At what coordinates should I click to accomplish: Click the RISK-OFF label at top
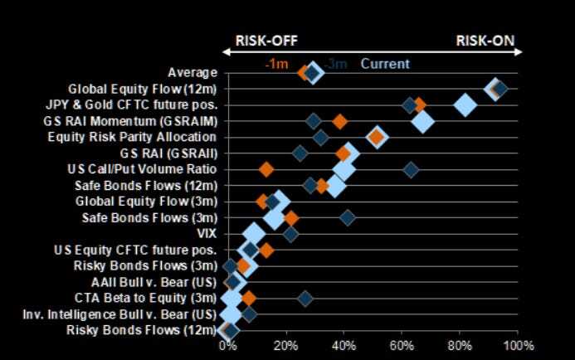(x=266, y=41)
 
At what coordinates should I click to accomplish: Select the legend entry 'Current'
(x=384, y=64)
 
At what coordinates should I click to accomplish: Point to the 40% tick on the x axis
(x=344, y=345)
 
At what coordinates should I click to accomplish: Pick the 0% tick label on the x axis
(x=227, y=345)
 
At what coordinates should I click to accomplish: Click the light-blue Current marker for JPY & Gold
(x=465, y=105)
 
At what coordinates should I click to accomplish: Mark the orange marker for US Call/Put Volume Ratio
(x=266, y=169)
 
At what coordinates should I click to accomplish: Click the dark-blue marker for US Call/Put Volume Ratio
(x=410, y=169)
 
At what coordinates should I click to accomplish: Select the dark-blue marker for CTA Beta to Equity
(x=305, y=298)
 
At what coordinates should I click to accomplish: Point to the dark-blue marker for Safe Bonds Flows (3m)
(x=347, y=217)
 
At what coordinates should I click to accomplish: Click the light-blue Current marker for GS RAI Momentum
(x=422, y=121)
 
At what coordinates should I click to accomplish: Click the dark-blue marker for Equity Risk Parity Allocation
(x=321, y=138)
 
